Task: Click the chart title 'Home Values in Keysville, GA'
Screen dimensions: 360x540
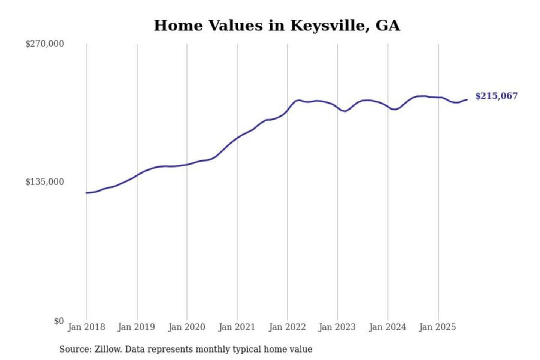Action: click(277, 25)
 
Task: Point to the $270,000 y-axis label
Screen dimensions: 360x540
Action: click(45, 44)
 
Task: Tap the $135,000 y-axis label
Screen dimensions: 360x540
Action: click(45, 182)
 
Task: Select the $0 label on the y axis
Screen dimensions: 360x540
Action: click(59, 321)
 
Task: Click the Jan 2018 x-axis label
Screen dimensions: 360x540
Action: click(86, 327)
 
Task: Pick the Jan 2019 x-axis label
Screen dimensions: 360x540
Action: click(136, 327)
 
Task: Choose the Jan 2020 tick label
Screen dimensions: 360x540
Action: click(186, 327)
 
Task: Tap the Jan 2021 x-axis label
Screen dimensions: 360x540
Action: click(237, 327)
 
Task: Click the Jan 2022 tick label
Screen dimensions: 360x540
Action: click(287, 327)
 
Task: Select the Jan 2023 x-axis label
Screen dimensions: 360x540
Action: click(337, 327)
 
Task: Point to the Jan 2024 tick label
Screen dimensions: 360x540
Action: click(387, 327)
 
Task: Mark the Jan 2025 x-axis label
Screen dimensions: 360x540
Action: click(437, 327)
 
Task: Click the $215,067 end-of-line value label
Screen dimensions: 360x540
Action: click(496, 96)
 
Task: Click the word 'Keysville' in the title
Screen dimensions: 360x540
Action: click(330, 25)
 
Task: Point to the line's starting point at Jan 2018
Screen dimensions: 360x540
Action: click(87, 193)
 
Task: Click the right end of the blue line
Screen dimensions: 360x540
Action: click(467, 99)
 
